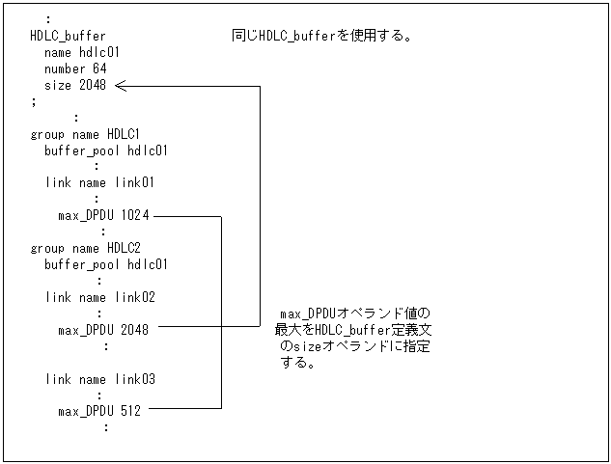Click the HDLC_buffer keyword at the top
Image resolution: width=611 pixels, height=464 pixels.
pos(68,37)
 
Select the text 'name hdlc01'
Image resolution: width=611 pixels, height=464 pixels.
pos(81,53)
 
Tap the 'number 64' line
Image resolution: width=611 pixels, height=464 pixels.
pos(75,69)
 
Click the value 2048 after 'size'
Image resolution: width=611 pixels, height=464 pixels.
pos(93,86)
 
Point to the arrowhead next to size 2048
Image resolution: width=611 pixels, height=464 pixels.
pos(121,87)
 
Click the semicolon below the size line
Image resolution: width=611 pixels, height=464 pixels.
pos(34,100)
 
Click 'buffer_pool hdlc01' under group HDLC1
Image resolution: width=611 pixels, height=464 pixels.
pos(106,150)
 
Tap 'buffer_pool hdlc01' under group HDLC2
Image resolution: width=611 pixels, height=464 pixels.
pos(106,264)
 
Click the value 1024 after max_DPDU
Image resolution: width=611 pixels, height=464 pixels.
pos(135,216)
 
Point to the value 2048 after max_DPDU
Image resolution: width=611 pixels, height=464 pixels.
pos(135,330)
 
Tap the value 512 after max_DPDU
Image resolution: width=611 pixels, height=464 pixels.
pos(131,411)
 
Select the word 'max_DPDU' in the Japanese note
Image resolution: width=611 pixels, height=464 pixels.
pos(307,314)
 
